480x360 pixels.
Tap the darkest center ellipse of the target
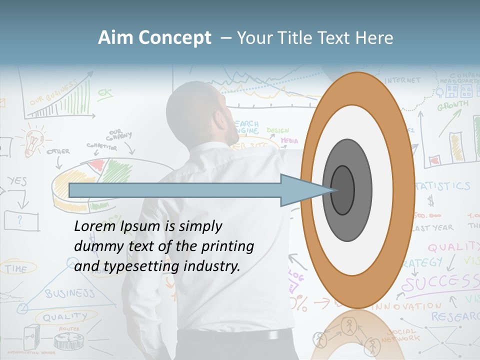[x=342, y=190]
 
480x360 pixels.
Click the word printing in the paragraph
[x=227, y=246]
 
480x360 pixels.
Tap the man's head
[x=200, y=112]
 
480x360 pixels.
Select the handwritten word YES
[x=17, y=181]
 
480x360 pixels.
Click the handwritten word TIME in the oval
[x=16, y=268]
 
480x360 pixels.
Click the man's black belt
[x=235, y=335]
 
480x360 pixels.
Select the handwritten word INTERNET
[x=402, y=80]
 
